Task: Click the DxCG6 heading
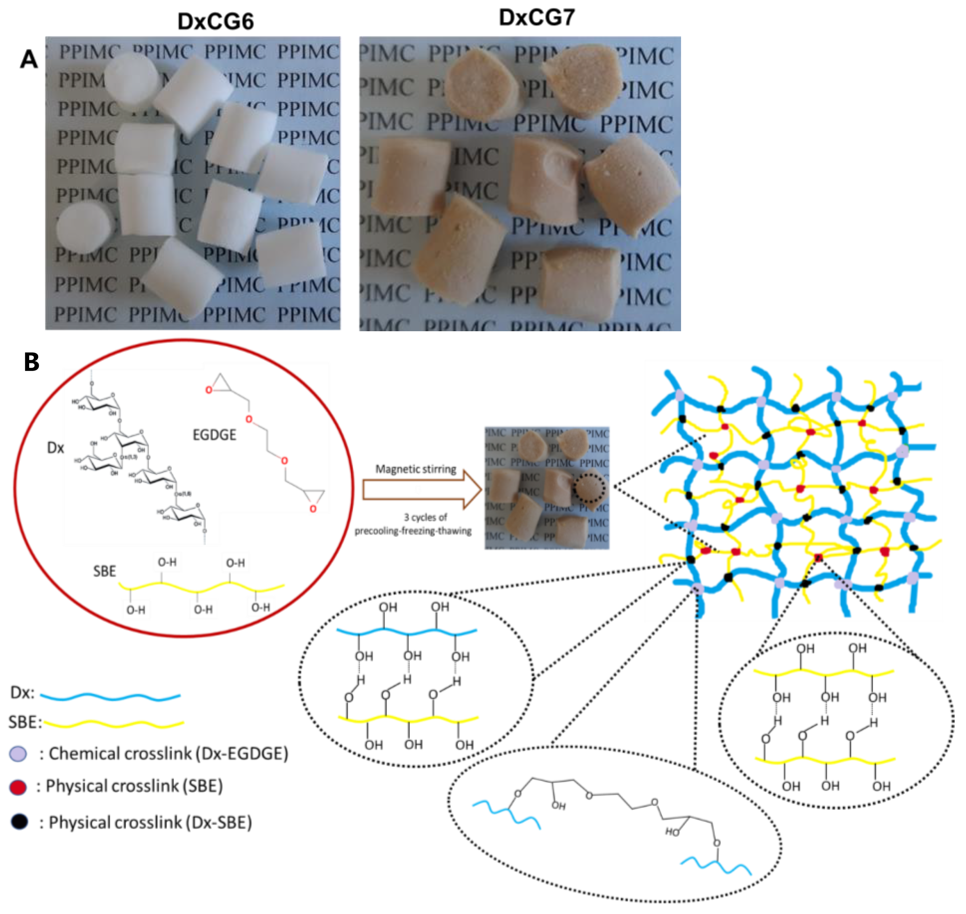pyautogui.click(x=215, y=22)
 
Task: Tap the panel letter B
pyautogui.click(x=32, y=362)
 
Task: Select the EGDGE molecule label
pyautogui.click(x=214, y=434)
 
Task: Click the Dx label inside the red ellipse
pyautogui.click(x=55, y=448)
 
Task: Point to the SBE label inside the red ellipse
pyautogui.click(x=105, y=571)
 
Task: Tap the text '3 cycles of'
pyautogui.click(x=425, y=517)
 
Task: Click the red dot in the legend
pyautogui.click(x=18, y=787)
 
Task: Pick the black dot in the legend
pyautogui.click(x=20, y=822)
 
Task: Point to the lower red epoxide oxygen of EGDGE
pyautogui.click(x=313, y=509)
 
